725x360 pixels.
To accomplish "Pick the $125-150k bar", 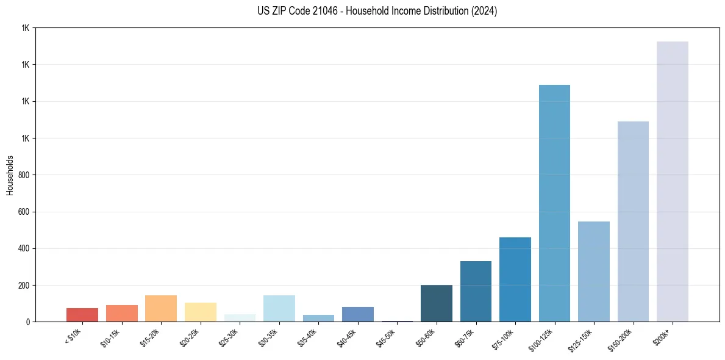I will click(x=593, y=272).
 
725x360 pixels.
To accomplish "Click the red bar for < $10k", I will click(x=82, y=315).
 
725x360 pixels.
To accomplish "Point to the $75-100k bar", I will click(x=515, y=279).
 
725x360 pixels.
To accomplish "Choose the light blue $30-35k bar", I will click(x=279, y=308).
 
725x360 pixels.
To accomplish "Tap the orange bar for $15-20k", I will click(x=161, y=308).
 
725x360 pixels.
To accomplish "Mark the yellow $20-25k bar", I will click(x=201, y=312).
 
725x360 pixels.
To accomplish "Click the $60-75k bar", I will click(x=476, y=291).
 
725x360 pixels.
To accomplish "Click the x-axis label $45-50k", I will click(x=386, y=338).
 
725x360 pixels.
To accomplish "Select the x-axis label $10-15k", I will click(x=110, y=338).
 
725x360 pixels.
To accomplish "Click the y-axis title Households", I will click(x=10, y=175).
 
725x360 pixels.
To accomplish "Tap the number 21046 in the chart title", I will click(x=329, y=11).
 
